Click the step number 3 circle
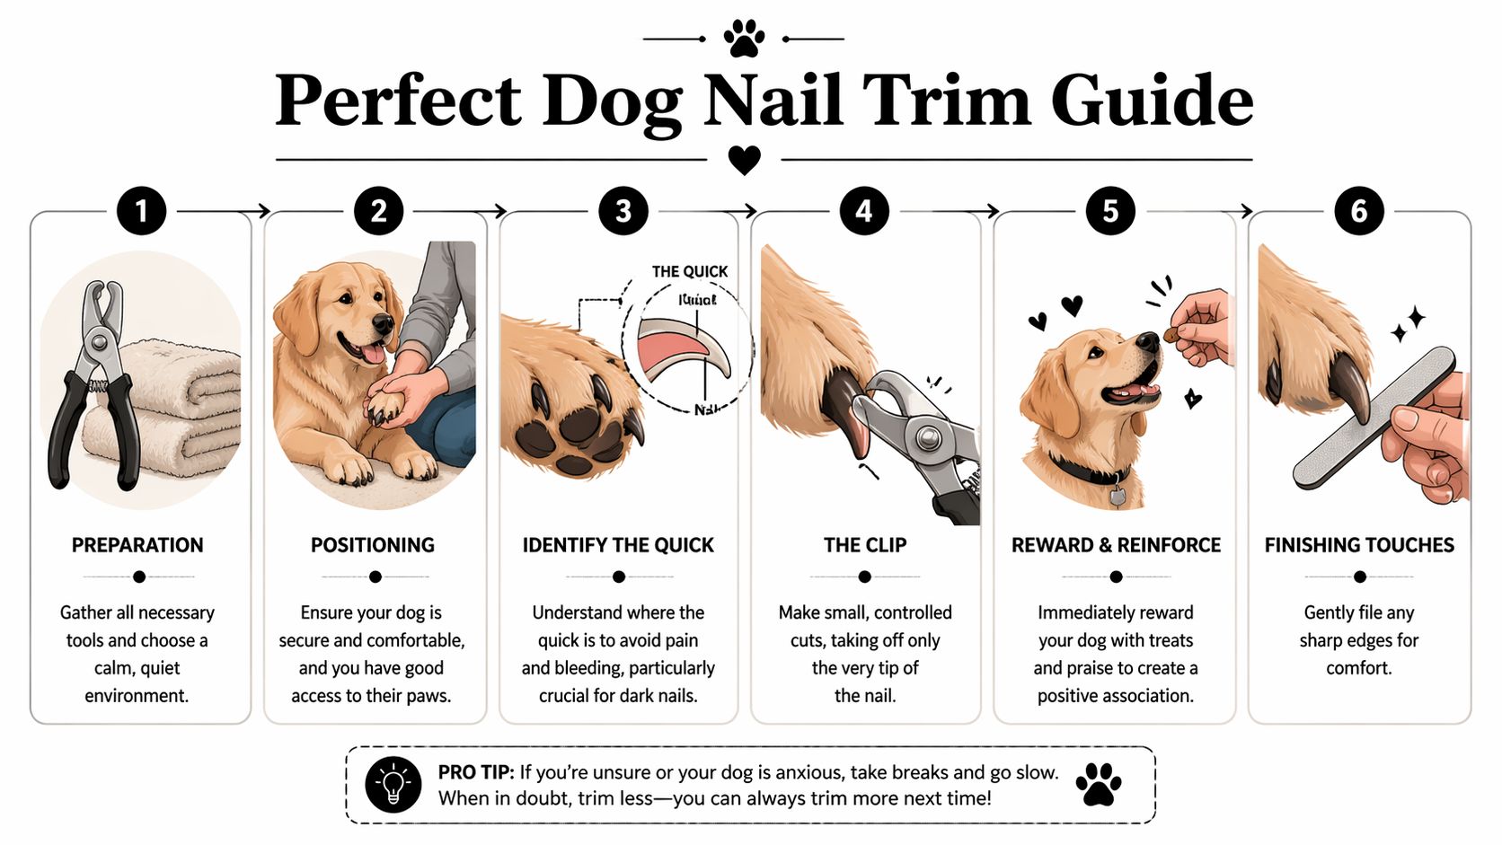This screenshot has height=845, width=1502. point(623,211)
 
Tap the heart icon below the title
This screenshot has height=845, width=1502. point(744,160)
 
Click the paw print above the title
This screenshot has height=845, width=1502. point(744,39)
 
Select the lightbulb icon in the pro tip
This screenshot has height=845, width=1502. point(393,784)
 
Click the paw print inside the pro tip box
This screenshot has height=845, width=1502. point(1098,784)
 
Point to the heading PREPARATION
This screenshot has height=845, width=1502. point(137,545)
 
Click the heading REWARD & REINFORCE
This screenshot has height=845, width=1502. point(1116,545)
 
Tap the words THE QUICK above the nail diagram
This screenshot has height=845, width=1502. point(690,271)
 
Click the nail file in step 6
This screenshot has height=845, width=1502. point(1373,418)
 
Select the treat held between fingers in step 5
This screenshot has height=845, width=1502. point(1171,335)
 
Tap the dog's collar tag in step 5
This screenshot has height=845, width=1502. point(1117,496)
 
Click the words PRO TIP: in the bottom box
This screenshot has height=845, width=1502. point(476,772)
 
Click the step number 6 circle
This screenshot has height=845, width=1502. point(1359,211)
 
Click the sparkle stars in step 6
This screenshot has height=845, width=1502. point(1409,324)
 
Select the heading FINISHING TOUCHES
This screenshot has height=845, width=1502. point(1359,545)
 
